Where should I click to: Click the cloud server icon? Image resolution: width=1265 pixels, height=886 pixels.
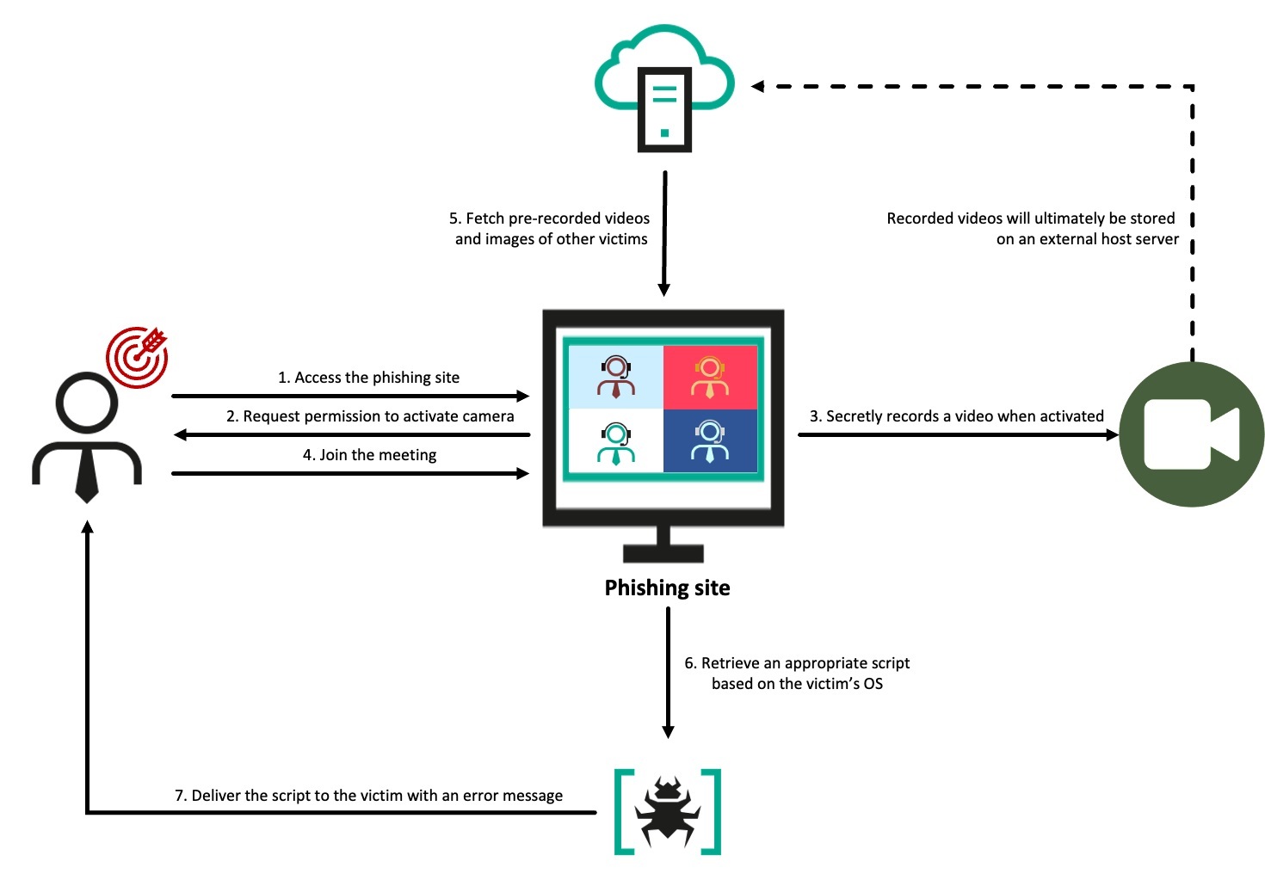pos(664,90)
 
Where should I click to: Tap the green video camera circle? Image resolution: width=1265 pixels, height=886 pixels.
pos(1191,434)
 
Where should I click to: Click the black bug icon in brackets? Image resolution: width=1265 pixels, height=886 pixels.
pos(667,811)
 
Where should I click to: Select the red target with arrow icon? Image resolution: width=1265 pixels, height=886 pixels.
pos(138,356)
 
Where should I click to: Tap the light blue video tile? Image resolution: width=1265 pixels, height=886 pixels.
pos(614,377)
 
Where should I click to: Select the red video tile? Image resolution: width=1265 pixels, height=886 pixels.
pos(710,377)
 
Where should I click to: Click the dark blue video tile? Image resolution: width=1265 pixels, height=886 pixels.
pos(710,440)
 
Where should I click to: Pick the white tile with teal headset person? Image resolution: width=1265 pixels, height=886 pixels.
pos(614,440)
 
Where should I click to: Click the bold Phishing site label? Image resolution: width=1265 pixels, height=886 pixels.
pos(667,588)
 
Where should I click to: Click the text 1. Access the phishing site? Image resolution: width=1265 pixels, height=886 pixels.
pos(368,378)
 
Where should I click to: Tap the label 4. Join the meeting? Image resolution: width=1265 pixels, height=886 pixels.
pos(369,455)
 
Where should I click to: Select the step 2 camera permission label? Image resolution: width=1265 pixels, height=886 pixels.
pos(370,416)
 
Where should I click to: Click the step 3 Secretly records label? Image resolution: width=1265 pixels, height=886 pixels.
pos(956,416)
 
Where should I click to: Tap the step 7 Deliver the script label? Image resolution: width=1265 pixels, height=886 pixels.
pos(368,796)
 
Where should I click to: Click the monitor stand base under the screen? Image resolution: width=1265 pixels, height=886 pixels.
pos(663,552)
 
